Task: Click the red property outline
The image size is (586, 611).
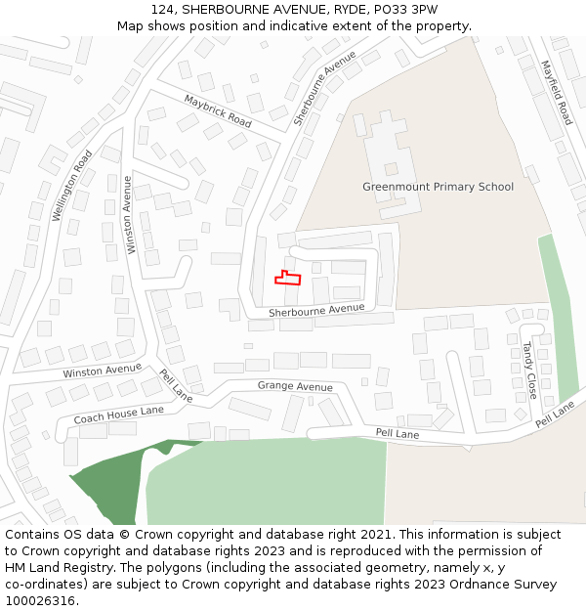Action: coord(287,279)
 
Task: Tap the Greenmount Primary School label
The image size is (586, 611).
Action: coord(438,187)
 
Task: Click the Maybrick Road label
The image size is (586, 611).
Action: coord(218,110)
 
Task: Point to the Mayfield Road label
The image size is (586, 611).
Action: coord(557,92)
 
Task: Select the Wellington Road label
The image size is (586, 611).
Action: coord(71,185)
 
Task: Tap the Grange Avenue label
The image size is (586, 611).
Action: coord(295,386)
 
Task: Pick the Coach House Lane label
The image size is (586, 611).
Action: coord(118,415)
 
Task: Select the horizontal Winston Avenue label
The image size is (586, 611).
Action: coord(102,371)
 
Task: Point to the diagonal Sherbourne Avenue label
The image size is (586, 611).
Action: coord(325,89)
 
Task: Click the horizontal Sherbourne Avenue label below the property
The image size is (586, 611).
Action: coord(315,310)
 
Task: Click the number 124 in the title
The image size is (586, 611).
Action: coord(164,10)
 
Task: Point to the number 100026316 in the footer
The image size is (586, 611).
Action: coord(40,601)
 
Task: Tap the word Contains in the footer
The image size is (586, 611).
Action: coord(34,535)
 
